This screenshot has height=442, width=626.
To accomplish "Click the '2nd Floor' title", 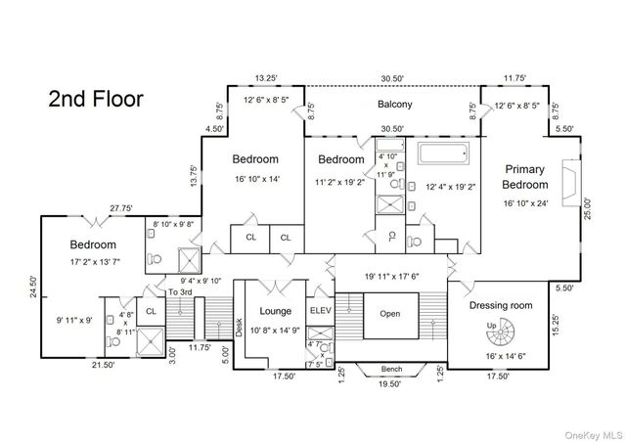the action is (x=96, y=99).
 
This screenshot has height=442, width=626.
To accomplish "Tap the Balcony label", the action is (x=395, y=105).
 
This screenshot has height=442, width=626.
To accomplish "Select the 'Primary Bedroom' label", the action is (x=525, y=177).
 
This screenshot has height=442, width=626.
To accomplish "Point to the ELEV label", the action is (x=321, y=310).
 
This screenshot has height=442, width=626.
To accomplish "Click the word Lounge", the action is (x=276, y=311).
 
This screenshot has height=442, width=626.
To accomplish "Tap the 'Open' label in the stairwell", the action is (x=390, y=314).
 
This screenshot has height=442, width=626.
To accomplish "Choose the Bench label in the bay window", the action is (x=391, y=369).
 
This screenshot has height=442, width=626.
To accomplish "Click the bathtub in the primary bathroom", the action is (x=443, y=153).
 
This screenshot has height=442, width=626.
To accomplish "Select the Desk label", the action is (x=239, y=328).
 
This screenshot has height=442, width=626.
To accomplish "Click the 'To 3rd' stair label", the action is (x=180, y=292).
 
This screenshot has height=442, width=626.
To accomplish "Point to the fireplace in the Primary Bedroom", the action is (x=571, y=183).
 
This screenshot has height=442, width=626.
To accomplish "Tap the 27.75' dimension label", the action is (x=121, y=208).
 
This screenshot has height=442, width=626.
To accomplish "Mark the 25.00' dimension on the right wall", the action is (x=588, y=209).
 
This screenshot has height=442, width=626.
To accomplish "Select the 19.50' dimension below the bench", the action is (x=389, y=384).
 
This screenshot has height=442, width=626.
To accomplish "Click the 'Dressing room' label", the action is (x=501, y=305).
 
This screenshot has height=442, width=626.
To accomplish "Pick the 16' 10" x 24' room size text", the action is (x=525, y=203).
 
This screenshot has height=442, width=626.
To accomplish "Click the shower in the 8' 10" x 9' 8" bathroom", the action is (x=189, y=261).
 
